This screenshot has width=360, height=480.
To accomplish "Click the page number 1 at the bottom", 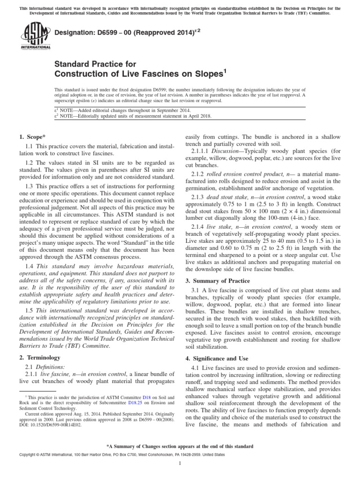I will pyautogui.click(x=180, y=464).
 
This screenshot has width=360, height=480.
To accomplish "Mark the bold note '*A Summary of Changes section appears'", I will pyautogui.click(x=180, y=446).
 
